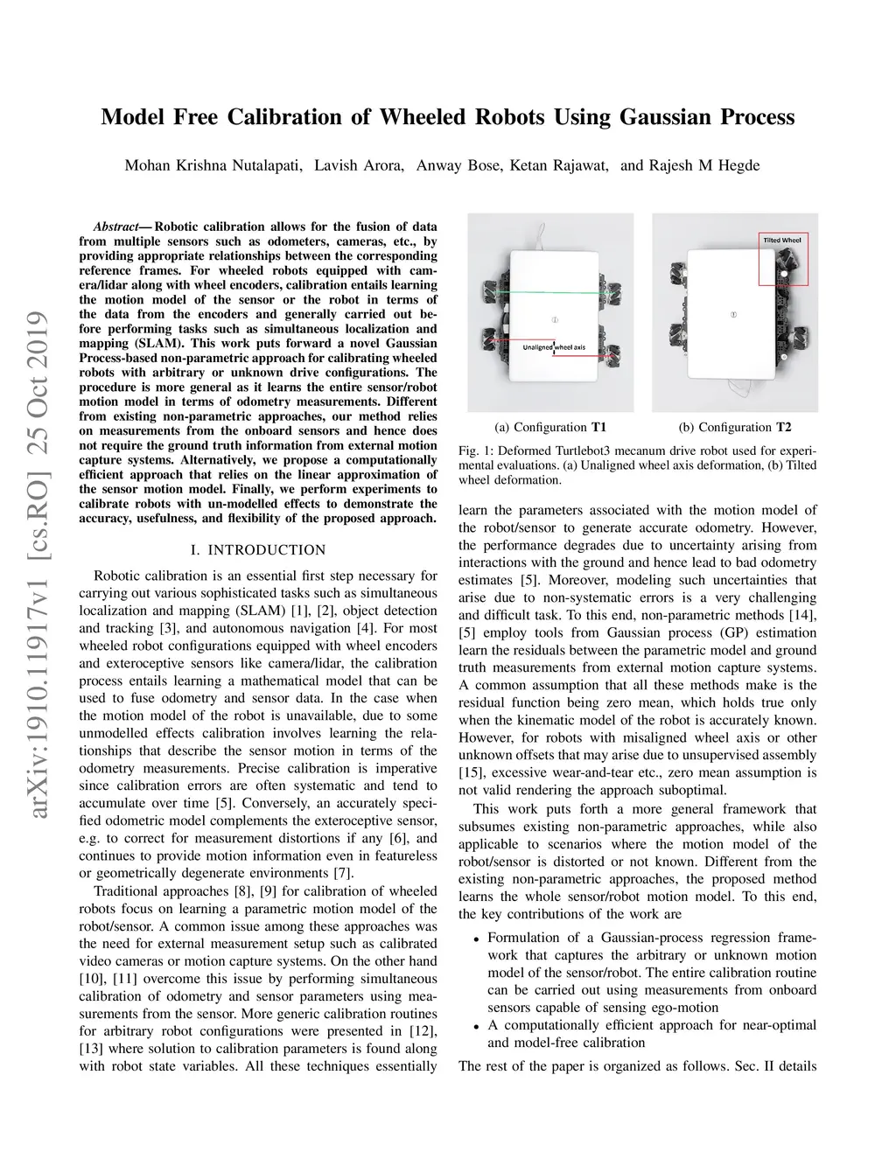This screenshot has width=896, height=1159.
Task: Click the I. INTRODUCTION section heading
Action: pos(257,550)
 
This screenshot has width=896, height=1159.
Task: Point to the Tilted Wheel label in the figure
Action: pos(782,240)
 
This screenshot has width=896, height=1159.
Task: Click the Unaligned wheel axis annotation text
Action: pos(554,347)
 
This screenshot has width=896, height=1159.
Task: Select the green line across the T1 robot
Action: pos(551,290)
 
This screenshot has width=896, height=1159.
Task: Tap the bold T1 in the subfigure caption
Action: pos(598,428)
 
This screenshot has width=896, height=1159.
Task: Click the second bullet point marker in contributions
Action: pos(476,1026)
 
